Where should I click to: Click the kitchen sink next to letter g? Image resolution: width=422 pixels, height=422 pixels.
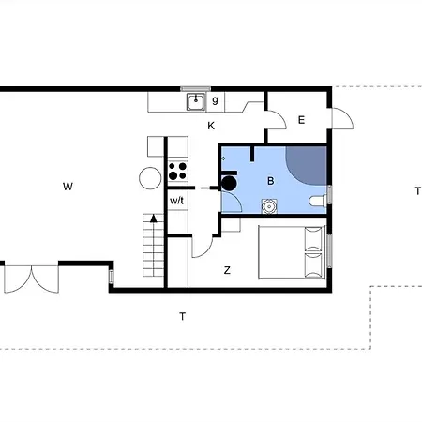pos(196,101)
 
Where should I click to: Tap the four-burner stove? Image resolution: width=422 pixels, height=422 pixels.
pos(177,171)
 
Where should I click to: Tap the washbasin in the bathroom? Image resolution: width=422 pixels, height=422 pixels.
pos(269,206)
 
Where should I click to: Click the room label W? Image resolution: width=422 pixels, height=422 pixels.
pos(68,187)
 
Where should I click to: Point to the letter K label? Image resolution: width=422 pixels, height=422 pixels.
pos(211,126)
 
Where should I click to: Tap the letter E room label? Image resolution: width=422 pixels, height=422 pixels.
pos(301,119)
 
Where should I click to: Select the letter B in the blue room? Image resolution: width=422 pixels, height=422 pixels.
pos(271,180)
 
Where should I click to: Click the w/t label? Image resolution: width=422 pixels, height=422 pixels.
pos(177,201)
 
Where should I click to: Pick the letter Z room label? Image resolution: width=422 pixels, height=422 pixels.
pos(227,270)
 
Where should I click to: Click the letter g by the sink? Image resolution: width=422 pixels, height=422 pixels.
pos(215,100)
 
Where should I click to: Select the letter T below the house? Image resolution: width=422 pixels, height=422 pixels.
pos(182,316)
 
